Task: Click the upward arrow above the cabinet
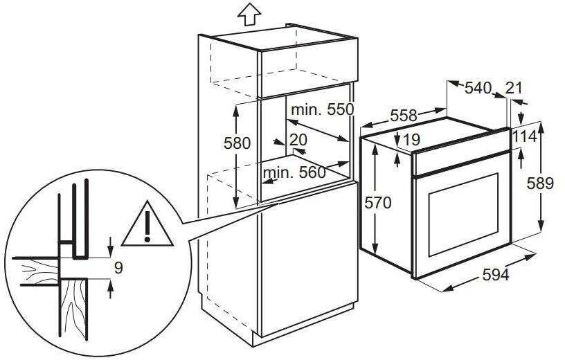click(x=249, y=15)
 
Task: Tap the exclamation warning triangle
click(x=147, y=224)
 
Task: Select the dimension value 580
click(x=237, y=143)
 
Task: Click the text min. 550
click(x=323, y=109)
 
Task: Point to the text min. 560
click(x=294, y=173)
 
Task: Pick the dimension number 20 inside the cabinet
click(x=298, y=140)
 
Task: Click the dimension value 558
click(x=404, y=116)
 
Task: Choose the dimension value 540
click(x=478, y=87)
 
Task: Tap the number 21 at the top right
click(x=514, y=87)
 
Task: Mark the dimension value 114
click(x=524, y=136)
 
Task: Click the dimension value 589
click(x=540, y=183)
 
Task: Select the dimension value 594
click(x=496, y=275)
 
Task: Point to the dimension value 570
click(x=377, y=203)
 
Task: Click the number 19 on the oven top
click(x=411, y=139)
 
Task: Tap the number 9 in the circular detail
click(x=118, y=268)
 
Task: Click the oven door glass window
click(x=464, y=215)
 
